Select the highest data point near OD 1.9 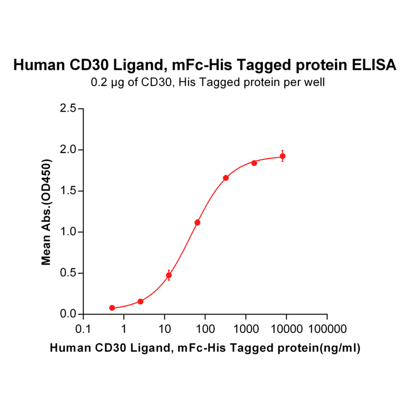pyautogui.click(x=283, y=156)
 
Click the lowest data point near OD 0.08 pyautogui.click(x=112, y=308)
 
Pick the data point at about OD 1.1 pyautogui.click(x=197, y=222)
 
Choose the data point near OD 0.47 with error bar pyautogui.click(x=169, y=275)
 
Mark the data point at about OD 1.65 pyautogui.click(x=226, y=178)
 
